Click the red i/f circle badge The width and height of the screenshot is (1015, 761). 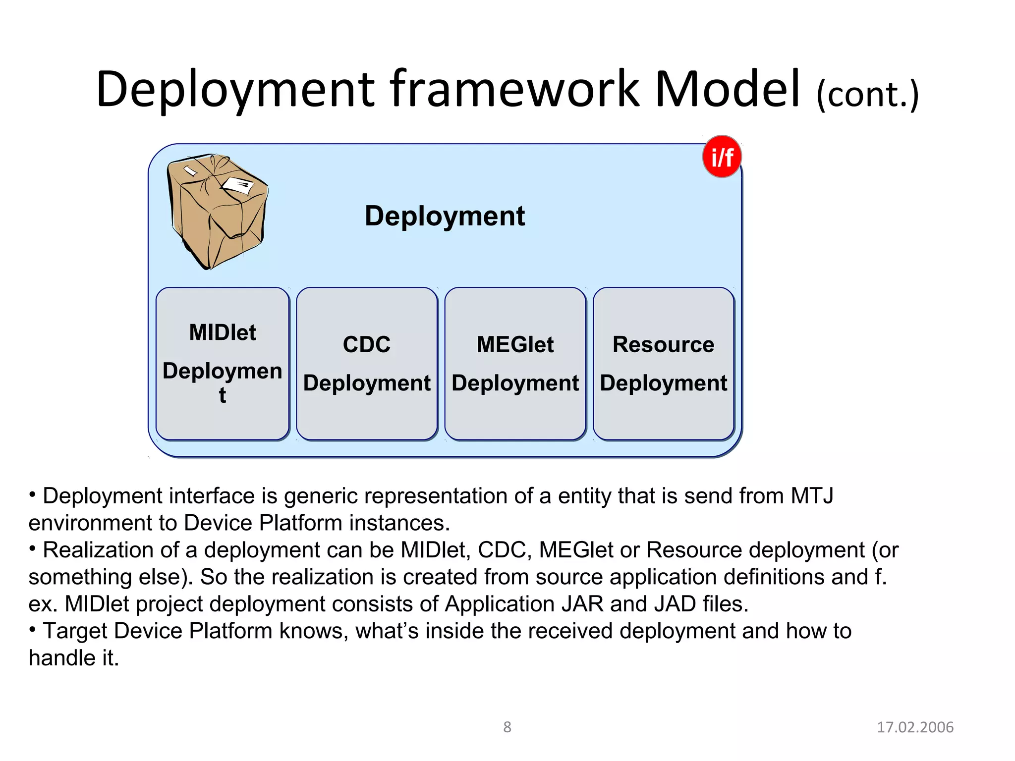tap(722, 157)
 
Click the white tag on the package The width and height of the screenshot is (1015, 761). tap(238, 186)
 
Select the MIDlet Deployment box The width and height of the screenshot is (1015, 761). tap(223, 363)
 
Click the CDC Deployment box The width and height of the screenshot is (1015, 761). tap(367, 363)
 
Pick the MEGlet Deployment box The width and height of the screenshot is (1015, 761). tap(515, 363)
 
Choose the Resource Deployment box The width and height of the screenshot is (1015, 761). tap(663, 363)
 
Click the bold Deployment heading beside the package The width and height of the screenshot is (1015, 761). tap(445, 216)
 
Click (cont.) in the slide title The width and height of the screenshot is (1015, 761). tap(867, 94)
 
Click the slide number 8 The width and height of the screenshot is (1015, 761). tap(507, 727)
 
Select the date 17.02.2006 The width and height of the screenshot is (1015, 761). tap(915, 727)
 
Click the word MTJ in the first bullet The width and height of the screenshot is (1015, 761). tap(812, 496)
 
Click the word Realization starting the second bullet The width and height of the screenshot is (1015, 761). tap(119, 550)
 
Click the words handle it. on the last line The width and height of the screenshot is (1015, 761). tap(74, 658)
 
